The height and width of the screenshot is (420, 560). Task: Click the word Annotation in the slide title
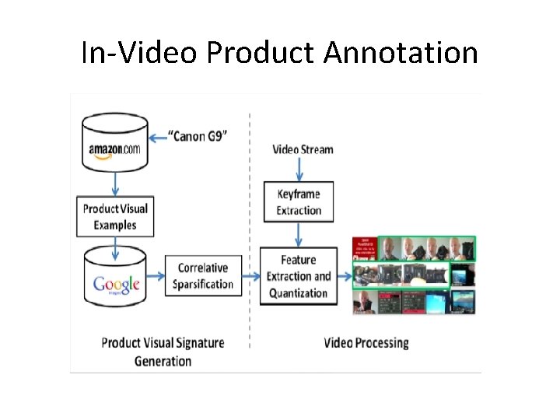click(401, 53)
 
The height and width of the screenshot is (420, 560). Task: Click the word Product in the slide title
click(261, 53)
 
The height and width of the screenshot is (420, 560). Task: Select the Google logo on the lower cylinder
click(116, 284)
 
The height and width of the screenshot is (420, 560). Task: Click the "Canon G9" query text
click(199, 137)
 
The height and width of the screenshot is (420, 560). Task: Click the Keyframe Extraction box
click(299, 202)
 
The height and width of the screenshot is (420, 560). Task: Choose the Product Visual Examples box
click(115, 216)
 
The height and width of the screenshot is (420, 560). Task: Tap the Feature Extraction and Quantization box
click(299, 276)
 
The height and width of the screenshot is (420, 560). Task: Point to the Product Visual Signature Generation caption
click(163, 351)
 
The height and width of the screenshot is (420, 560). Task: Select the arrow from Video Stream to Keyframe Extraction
click(299, 170)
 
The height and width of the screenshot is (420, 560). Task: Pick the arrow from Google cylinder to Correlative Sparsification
click(157, 275)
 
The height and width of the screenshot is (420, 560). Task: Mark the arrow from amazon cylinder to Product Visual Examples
click(115, 183)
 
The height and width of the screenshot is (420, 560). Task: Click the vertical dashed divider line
click(250, 233)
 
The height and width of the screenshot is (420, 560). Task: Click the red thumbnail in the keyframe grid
click(366, 247)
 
